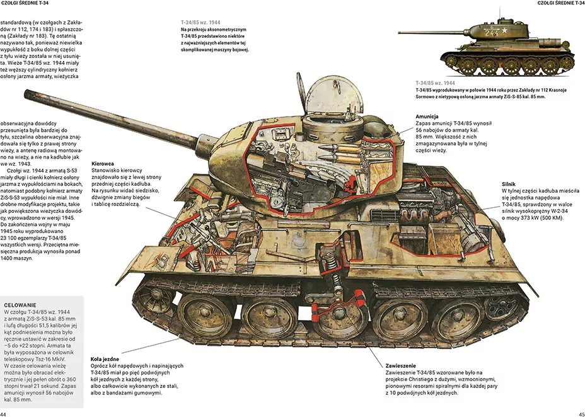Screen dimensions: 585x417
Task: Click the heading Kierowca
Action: (103, 164)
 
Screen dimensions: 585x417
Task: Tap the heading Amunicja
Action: (427, 117)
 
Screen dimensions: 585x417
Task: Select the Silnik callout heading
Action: (509, 184)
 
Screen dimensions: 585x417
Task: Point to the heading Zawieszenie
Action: (401, 365)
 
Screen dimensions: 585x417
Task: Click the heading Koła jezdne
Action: (105, 359)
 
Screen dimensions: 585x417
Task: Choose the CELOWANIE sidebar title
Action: (20, 305)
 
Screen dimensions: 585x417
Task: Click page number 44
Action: (3, 414)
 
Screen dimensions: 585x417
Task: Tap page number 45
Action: (582, 414)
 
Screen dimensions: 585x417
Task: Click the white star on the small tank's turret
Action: (504, 31)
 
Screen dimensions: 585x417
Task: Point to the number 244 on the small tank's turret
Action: (491, 32)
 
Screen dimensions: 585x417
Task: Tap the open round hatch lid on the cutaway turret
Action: (334, 95)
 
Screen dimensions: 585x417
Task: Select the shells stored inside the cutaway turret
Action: (340, 154)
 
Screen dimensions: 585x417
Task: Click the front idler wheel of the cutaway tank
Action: (154, 297)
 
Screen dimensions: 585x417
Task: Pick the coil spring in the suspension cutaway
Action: (330, 259)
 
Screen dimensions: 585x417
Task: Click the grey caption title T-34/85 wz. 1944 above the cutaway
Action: (200, 22)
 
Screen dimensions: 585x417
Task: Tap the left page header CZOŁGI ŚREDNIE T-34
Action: (25, 3)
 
